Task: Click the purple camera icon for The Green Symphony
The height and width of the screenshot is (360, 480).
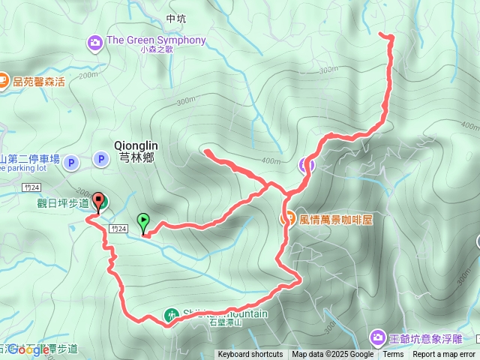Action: coord(94,40)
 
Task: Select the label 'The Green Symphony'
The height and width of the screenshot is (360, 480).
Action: coord(156,40)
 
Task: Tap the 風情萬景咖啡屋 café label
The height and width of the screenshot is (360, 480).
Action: coord(335,220)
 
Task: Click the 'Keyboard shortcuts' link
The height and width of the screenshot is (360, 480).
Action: coord(250,355)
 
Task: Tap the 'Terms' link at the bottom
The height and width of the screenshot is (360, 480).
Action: coord(393,355)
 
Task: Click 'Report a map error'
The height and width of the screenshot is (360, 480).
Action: coord(444,355)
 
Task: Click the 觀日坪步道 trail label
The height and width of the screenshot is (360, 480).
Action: coord(63,202)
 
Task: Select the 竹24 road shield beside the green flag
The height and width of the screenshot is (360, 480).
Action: coord(116,227)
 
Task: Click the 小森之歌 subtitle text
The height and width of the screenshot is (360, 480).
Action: coord(156,50)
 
